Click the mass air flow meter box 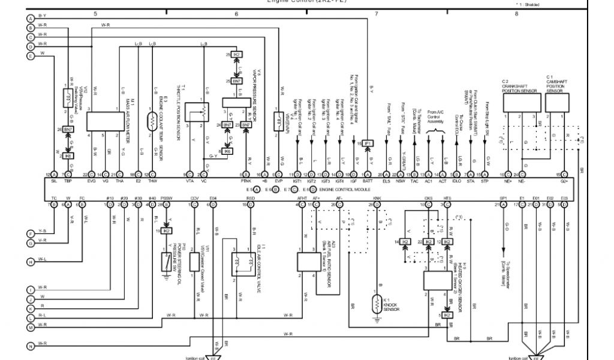(x=106, y=121)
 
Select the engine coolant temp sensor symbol (x=153, y=116)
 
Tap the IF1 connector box (x=368, y=143)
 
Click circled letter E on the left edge (x=31, y=56)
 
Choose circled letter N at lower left (x=31, y=346)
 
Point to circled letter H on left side (x=31, y=262)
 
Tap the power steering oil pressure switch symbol (x=165, y=262)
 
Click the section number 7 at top (x=376, y=13)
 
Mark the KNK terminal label (x=377, y=197)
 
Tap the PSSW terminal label (x=166, y=197)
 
